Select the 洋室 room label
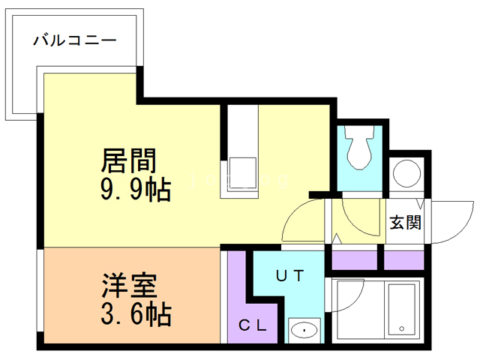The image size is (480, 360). point(129,286)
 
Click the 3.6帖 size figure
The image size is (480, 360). point(136,313)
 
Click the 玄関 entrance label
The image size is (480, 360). point(404,222)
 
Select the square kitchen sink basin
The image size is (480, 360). point(242,172)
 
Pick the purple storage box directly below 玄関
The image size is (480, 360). point(404,259)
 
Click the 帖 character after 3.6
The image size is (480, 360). point(158,313)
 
